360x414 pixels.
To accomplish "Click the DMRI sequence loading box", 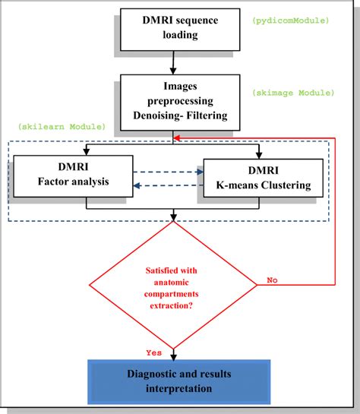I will [x=181, y=28].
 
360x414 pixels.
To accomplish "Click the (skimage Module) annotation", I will [x=293, y=93].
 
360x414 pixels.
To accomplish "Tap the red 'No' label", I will [x=272, y=280].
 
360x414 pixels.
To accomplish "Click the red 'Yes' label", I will [x=154, y=351].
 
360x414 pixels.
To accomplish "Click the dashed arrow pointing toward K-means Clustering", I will [x=169, y=172].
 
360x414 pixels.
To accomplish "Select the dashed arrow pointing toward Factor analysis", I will [x=169, y=185].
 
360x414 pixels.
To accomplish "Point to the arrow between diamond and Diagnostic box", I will [x=174, y=352].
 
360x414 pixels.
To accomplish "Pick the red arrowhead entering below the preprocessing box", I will [x=177, y=137].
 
